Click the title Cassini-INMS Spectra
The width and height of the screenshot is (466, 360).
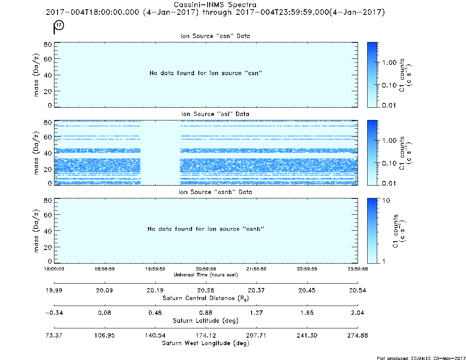click(215, 5)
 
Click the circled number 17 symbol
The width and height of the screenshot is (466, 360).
click(59, 25)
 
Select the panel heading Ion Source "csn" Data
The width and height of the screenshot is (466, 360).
click(215, 36)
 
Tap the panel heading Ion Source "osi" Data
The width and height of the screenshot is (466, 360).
click(215, 114)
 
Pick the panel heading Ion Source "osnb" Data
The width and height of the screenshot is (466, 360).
click(215, 192)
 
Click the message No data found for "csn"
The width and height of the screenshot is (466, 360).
click(206, 73)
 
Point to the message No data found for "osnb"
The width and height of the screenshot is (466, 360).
click(206, 229)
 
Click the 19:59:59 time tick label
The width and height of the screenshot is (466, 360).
click(155, 269)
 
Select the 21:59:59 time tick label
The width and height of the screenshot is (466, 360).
click(256, 269)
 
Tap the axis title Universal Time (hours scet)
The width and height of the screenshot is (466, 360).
click(206, 275)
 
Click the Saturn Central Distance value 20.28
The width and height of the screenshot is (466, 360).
click(206, 290)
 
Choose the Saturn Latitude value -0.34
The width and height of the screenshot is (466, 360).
click(54, 313)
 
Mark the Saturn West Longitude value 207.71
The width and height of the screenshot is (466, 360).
click(256, 335)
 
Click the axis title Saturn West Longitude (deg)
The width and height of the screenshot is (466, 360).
click(206, 343)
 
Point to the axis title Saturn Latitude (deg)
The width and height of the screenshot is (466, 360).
click(206, 321)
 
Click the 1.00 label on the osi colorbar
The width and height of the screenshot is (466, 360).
click(389, 141)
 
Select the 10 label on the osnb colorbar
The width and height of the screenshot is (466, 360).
click(386, 200)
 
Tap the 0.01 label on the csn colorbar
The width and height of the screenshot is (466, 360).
click(389, 105)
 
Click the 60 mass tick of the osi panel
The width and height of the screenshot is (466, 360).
click(48, 137)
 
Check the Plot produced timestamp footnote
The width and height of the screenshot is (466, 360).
click(421, 358)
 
